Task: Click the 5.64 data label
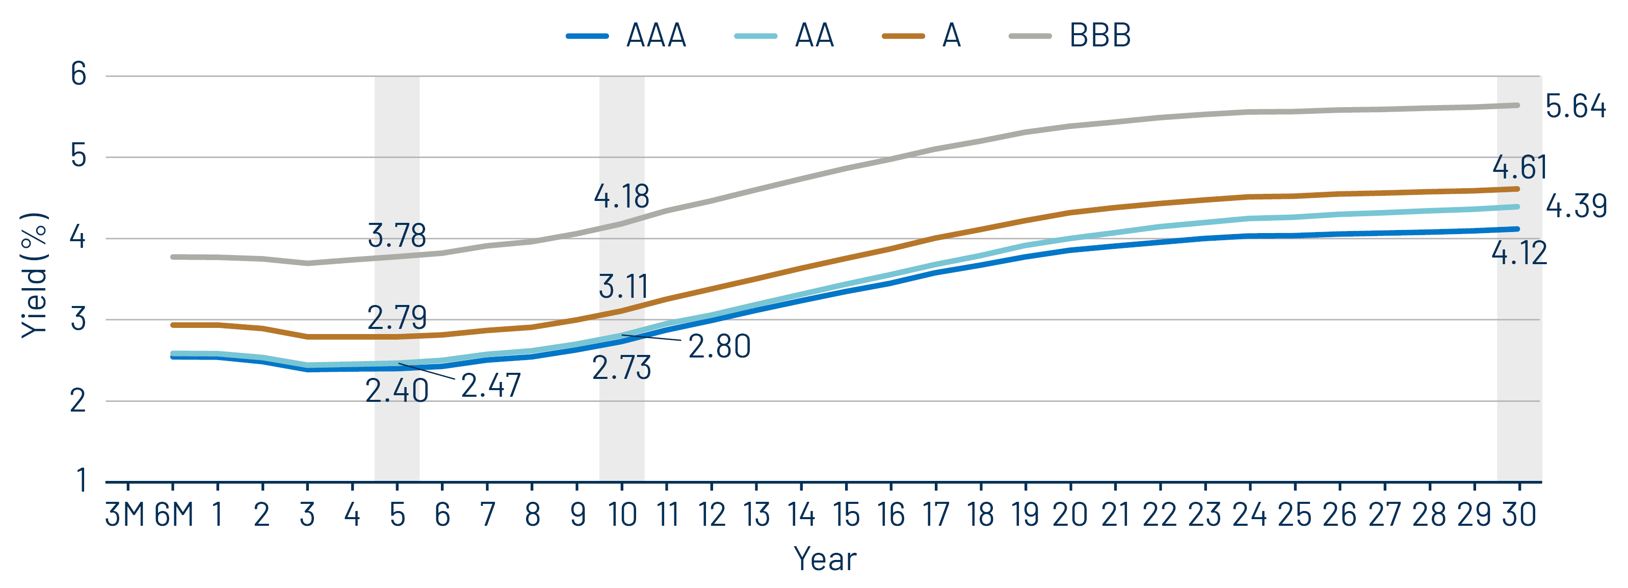coord(1576,106)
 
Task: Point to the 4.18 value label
coord(622,197)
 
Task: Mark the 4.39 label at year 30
coord(1576,206)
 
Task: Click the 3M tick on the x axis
coord(125,515)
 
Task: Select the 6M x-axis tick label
coord(173,515)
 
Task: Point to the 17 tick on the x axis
coord(935,515)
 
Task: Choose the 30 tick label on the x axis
coord(1518,515)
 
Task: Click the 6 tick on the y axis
coord(78,74)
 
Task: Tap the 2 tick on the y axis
coord(78,401)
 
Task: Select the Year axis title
coord(825,559)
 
